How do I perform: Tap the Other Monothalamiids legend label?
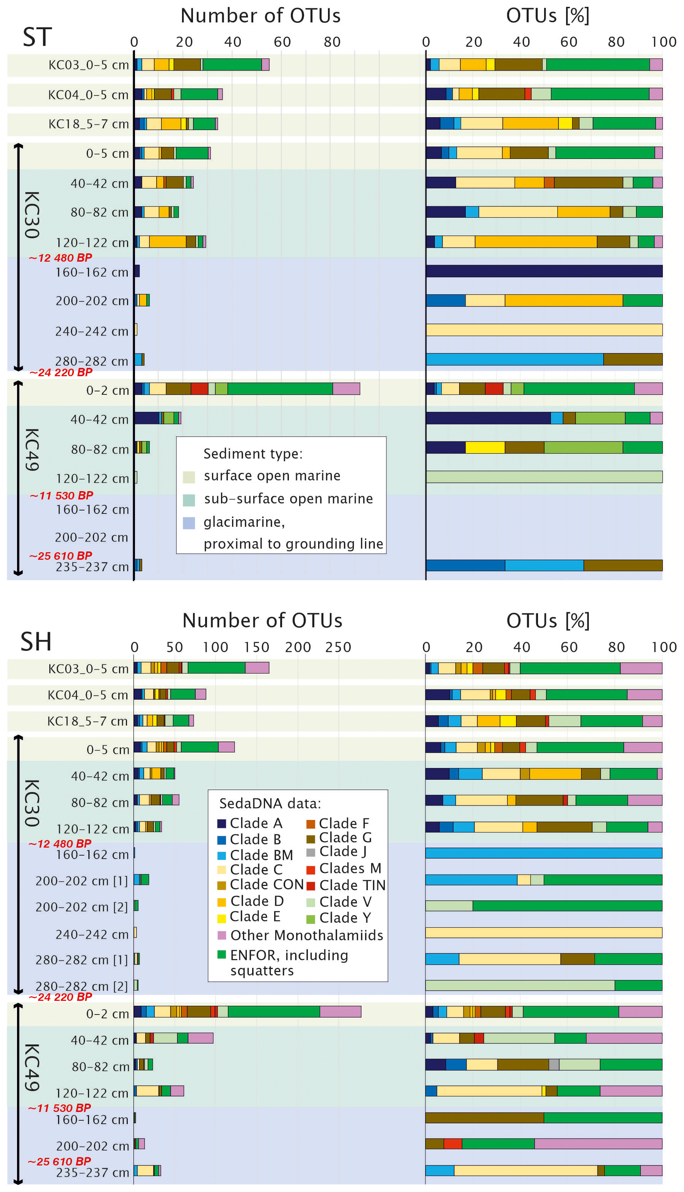click(306, 936)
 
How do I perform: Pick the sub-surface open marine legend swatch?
click(189, 499)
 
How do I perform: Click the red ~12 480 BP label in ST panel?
click(60, 258)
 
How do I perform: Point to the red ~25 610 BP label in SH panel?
click(59, 1161)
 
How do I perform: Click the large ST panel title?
click(37, 37)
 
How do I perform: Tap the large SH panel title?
click(36, 642)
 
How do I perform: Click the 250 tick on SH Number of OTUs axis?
click(338, 647)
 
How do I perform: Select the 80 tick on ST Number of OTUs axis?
click(332, 42)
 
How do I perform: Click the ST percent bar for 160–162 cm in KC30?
click(544, 271)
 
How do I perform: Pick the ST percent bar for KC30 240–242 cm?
click(544, 330)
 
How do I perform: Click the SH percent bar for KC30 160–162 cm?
click(544, 853)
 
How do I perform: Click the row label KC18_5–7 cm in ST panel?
click(88, 124)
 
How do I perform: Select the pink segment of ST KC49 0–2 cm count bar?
click(346, 389)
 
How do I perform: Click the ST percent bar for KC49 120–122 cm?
click(544, 477)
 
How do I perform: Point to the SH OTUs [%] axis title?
click(548, 621)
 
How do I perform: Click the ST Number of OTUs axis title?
click(261, 16)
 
